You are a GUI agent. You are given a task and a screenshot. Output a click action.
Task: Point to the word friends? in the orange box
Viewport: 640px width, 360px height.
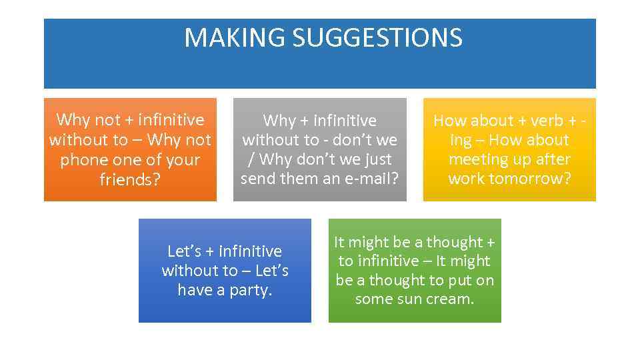(130, 179)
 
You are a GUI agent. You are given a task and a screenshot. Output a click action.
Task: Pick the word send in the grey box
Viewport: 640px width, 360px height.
(257, 179)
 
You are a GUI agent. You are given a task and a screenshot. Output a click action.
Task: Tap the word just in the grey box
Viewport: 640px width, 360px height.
(376, 159)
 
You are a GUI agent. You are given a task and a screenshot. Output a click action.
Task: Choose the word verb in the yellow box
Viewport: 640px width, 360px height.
(547, 121)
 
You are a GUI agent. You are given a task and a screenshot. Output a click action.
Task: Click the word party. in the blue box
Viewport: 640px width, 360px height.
(252, 290)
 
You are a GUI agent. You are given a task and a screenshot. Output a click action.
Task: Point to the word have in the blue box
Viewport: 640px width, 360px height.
(194, 290)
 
